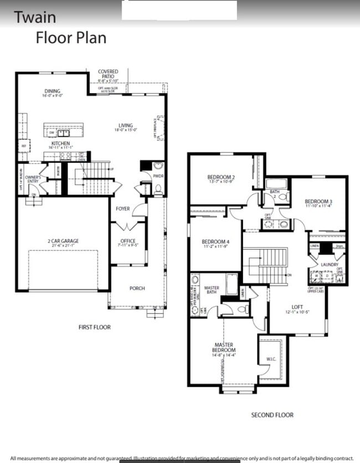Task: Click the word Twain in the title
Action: coord(34,17)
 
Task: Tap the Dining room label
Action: coord(53,91)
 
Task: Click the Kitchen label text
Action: coord(60,143)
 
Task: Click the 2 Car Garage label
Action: coord(63,241)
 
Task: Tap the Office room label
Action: coord(128,241)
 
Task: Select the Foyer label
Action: coord(123,209)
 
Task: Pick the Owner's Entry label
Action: coord(33,179)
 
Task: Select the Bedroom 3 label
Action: coord(318,201)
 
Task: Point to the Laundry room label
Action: coord(329,265)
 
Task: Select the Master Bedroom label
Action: coord(224,347)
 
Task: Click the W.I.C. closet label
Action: coord(271,359)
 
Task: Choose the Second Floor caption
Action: coord(272,415)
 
